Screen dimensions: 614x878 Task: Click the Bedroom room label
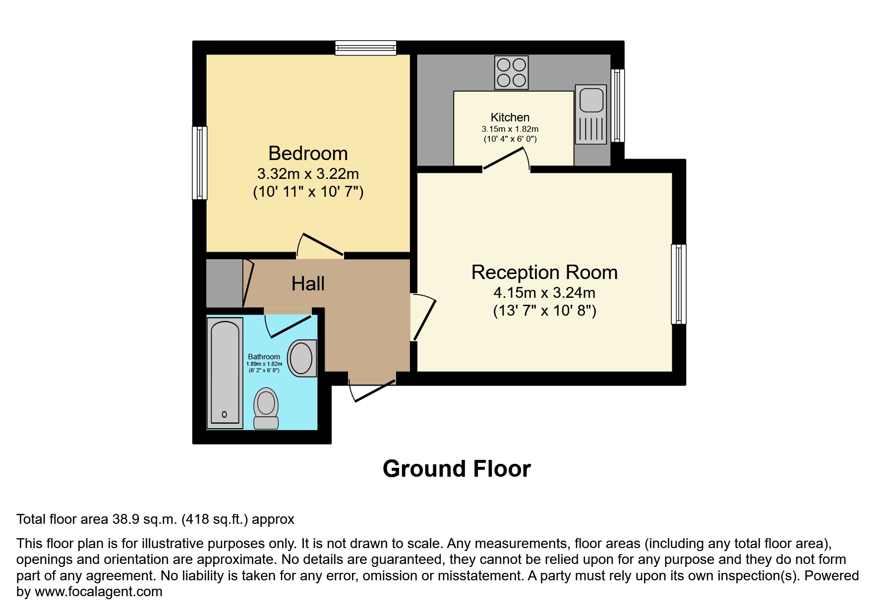(308, 154)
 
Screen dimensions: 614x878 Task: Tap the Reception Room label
(544, 273)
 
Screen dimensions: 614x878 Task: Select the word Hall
(308, 284)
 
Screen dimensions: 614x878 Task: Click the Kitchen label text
(510, 117)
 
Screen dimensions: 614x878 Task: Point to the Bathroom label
(264, 357)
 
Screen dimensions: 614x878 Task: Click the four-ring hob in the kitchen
(511, 72)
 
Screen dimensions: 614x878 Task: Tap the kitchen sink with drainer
(590, 114)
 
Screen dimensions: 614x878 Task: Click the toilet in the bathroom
(266, 408)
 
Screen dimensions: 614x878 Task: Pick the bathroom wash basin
(301, 358)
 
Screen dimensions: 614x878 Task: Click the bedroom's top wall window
(365, 48)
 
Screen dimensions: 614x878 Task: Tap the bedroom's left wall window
(200, 163)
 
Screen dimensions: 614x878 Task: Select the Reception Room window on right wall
(679, 284)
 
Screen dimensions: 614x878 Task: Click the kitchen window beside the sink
(617, 106)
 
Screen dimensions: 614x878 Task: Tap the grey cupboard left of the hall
(224, 283)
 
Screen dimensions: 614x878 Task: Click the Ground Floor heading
(456, 469)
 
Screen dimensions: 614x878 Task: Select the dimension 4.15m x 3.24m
(544, 293)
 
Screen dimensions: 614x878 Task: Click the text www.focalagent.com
(98, 592)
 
